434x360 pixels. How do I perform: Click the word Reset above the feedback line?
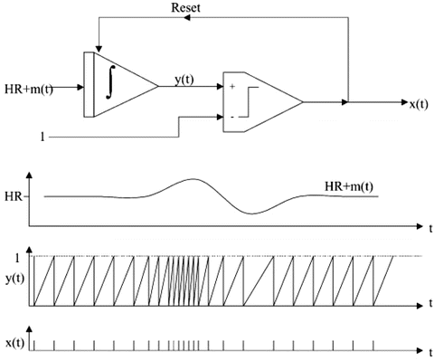pos(185,8)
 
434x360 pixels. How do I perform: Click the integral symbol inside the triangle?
pos(111,82)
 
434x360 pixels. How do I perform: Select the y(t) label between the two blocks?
pos(184,80)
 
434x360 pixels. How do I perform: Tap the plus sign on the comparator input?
pos(232,87)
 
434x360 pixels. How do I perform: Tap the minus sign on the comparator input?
pos(232,117)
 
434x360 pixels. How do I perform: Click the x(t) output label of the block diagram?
pos(419,104)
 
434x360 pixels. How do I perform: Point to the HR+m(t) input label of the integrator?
pos(29,90)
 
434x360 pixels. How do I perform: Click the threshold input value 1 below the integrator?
pos(42,137)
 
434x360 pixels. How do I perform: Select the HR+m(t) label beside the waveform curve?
pos(349,186)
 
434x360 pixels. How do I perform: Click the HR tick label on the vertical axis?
pos(14,197)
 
